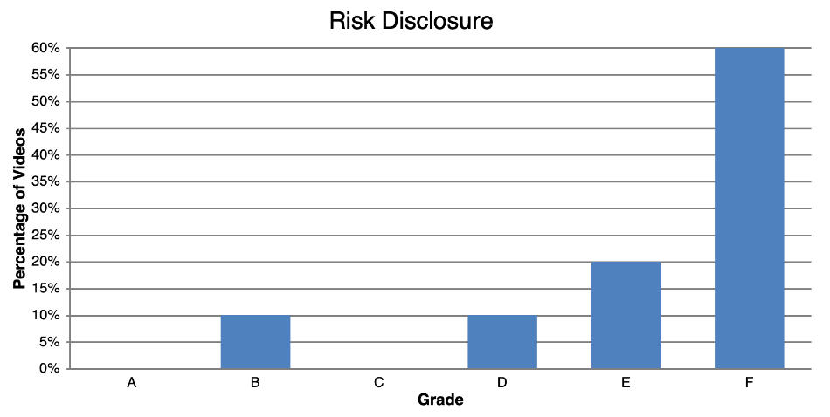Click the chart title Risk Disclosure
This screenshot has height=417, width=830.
tap(411, 21)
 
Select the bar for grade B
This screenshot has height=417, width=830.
tap(255, 342)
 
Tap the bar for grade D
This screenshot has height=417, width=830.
tap(502, 342)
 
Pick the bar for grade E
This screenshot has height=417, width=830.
tap(626, 315)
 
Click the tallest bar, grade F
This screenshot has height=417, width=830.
tap(749, 208)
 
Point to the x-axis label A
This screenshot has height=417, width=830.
tap(132, 383)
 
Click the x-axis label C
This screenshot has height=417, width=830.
tap(378, 383)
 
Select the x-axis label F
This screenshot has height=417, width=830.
tap(749, 383)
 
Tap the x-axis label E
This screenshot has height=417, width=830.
tap(626, 383)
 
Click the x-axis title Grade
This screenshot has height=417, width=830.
tap(440, 400)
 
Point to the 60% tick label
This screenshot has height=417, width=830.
tap(46, 48)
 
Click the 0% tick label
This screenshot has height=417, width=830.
tap(50, 368)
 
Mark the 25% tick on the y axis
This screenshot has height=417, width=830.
tap(46, 236)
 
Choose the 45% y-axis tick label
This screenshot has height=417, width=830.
tap(46, 128)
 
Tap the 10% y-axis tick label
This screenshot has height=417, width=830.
tap(46, 315)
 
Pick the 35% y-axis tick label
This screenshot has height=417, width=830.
tap(46, 181)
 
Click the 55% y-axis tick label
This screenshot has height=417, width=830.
tap(46, 75)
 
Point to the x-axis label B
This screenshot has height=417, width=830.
tap(255, 383)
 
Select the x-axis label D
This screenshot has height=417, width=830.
tap(502, 383)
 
